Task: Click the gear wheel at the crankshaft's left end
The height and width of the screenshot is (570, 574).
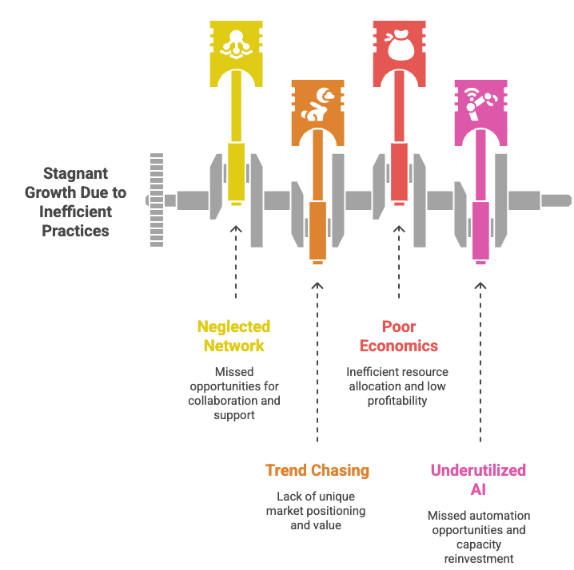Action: click(156, 199)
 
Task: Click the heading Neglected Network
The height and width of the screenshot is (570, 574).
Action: click(233, 336)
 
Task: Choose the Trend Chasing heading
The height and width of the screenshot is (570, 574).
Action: click(317, 470)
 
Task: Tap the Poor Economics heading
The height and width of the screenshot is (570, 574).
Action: click(398, 336)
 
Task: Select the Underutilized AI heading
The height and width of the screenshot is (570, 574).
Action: click(478, 479)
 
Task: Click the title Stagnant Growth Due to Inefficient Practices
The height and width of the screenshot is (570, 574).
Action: click(76, 202)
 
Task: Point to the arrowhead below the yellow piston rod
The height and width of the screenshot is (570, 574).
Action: click(236, 229)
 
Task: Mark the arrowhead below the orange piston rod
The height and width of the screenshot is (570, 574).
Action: click(317, 284)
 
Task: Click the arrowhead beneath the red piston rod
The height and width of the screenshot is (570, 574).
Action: click(399, 229)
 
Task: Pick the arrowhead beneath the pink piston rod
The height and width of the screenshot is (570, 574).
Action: click(480, 284)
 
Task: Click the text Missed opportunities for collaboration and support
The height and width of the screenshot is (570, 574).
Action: click(234, 394)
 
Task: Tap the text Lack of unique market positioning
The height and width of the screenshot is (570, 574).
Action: click(316, 510)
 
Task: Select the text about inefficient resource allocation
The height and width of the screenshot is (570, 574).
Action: click(397, 386)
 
